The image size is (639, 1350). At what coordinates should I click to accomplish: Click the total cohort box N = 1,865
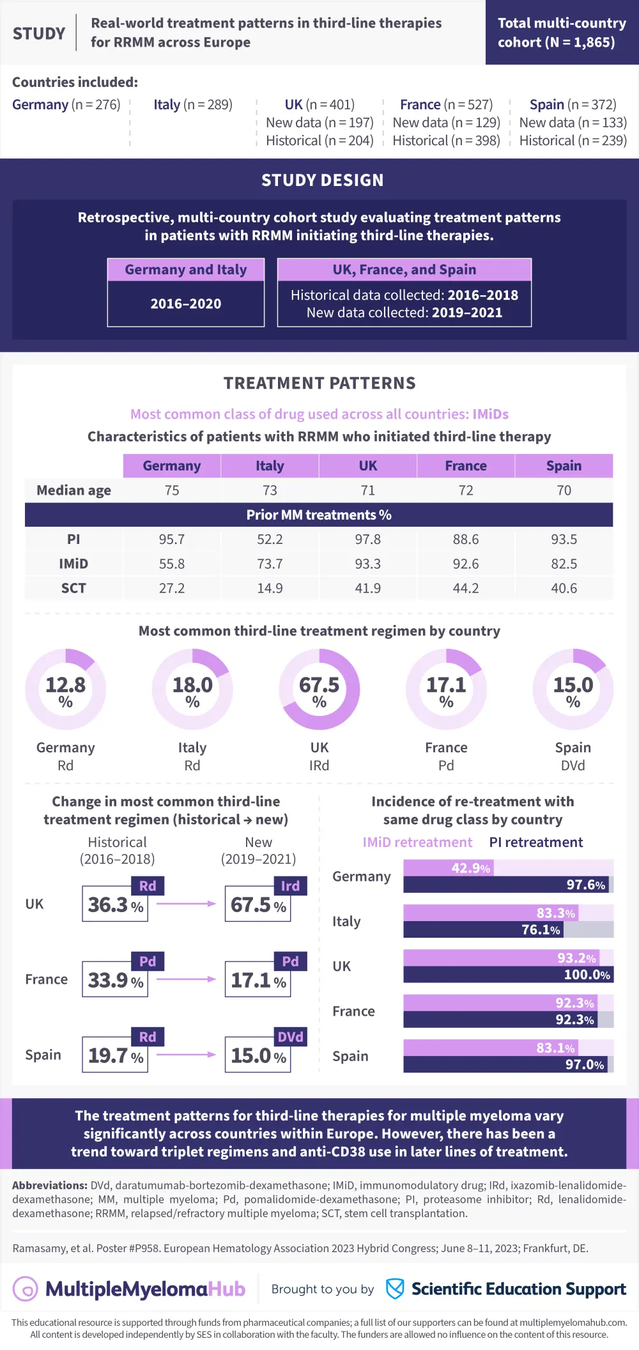pos(562,33)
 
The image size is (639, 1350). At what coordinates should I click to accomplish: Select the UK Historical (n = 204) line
pos(319,141)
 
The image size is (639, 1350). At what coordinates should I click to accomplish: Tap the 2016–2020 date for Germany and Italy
pos(186,304)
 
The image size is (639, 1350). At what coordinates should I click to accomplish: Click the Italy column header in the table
pos(270,466)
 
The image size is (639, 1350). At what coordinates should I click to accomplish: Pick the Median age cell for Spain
pos(564,490)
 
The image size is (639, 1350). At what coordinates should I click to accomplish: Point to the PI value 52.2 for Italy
pos(270,539)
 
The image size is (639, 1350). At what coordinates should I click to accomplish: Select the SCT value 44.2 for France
pos(465,588)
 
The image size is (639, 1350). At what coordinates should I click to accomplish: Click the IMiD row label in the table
pos(73,564)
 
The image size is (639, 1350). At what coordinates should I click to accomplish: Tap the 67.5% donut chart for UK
pos(319,690)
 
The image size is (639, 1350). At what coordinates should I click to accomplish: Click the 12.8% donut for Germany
pos(66,690)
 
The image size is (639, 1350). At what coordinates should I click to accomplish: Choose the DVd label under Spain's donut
pos(573,766)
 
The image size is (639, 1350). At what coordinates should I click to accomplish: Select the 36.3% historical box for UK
pos(115,904)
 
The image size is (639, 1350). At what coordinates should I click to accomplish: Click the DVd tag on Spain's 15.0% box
pos(291,1037)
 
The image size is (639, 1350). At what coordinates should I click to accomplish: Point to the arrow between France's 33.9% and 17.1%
pos(186,979)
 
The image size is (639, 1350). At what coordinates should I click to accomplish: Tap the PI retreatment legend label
pos(535,842)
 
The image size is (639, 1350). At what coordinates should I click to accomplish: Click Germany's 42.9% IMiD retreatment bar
pos(449,868)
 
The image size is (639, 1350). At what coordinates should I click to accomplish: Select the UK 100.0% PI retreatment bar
pos(508,975)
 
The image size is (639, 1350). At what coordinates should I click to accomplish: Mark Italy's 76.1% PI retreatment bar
pos(482,929)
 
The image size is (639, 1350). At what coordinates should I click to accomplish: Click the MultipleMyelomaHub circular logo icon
pos(26,1289)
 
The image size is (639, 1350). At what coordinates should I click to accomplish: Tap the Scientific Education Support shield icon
pos(395,1289)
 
